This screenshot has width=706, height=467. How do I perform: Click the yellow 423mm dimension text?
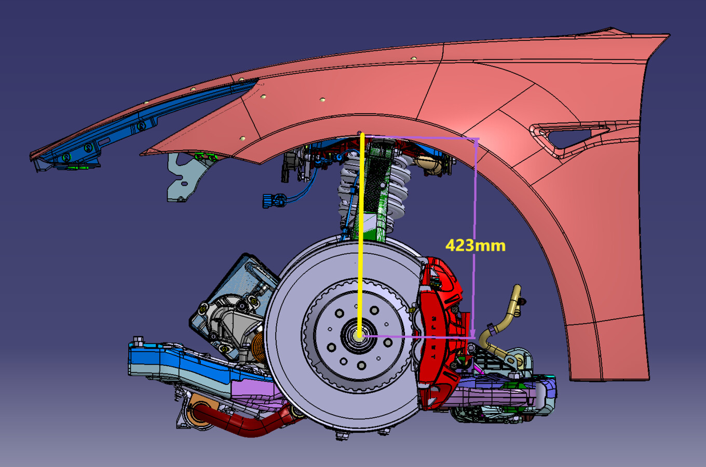tap(476, 245)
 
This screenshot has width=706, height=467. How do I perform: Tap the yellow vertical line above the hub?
tap(361, 235)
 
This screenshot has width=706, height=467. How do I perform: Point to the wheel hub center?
tap(359, 336)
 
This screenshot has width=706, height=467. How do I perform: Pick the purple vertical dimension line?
tap(474, 238)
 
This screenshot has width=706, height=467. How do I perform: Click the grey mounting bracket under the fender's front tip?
tap(186, 176)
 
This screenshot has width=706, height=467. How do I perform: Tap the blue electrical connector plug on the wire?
tap(274, 200)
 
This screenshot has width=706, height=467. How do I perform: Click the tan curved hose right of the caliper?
tap(501, 325)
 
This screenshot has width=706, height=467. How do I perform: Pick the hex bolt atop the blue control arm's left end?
tap(138, 340)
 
